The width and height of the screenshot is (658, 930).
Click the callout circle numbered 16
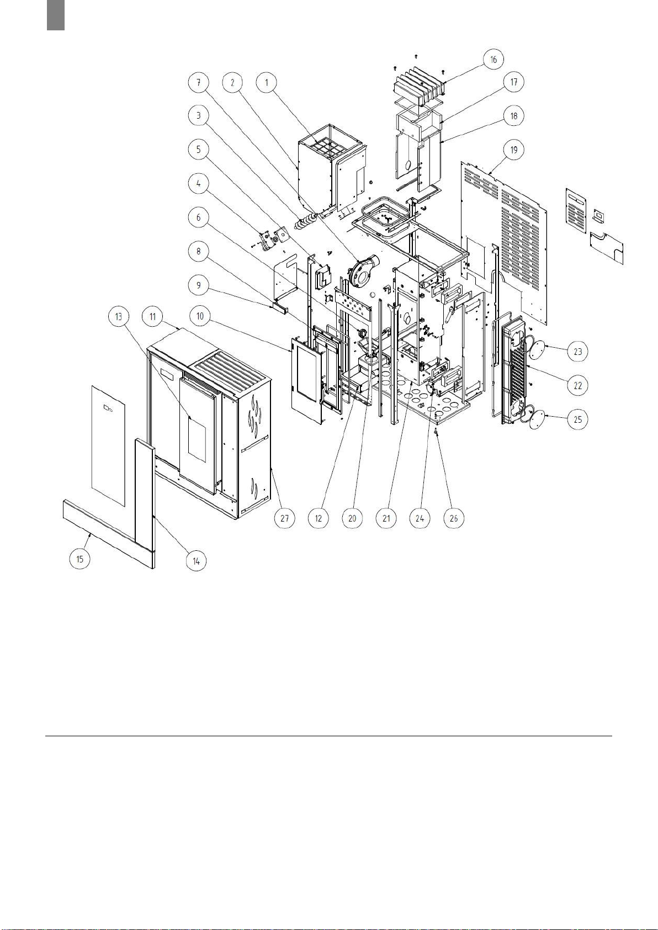tap(493, 60)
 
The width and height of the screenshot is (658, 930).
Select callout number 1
tap(267, 83)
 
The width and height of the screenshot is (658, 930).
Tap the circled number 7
tap(198, 83)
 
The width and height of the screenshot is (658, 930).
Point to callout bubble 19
tap(513, 150)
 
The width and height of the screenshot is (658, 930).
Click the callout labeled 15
tap(79, 559)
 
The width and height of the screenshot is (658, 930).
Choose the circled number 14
tap(196, 561)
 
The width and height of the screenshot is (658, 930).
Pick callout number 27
tap(284, 518)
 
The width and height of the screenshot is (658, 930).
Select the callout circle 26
tap(454, 518)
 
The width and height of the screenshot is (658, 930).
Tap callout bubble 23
tap(578, 352)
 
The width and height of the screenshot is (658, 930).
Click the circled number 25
tap(578, 419)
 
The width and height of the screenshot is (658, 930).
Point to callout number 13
tap(119, 316)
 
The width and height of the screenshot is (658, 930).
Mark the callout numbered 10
tap(200, 316)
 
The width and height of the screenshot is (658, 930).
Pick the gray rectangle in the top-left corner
tap(56, 15)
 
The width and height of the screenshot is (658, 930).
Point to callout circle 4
tap(198, 183)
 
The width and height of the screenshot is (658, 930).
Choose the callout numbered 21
tap(386, 518)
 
